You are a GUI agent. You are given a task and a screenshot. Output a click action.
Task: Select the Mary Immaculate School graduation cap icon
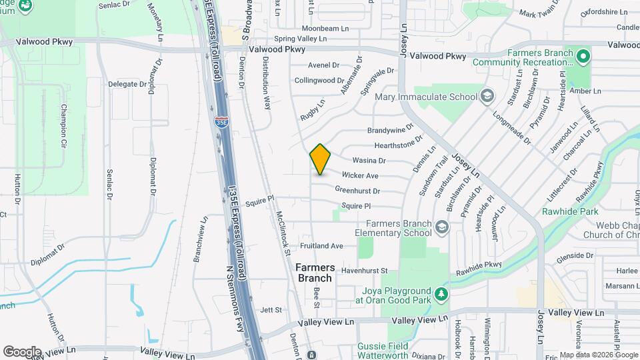coord(487,97)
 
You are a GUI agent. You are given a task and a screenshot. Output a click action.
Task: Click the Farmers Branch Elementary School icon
coord(441,228)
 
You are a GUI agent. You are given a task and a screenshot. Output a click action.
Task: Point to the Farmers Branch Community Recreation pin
coord(583,56)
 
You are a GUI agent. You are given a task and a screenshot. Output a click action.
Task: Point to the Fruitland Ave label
coord(321,246)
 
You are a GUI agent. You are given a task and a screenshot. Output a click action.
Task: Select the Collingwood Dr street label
coord(319,81)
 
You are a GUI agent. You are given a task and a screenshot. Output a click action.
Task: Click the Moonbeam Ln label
coord(325,29)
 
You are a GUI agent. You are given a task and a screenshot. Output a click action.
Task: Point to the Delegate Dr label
coord(127,85)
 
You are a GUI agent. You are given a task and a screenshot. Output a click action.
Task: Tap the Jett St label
coord(271,310)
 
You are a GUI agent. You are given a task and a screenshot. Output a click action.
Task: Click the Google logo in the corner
coord(22,351)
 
